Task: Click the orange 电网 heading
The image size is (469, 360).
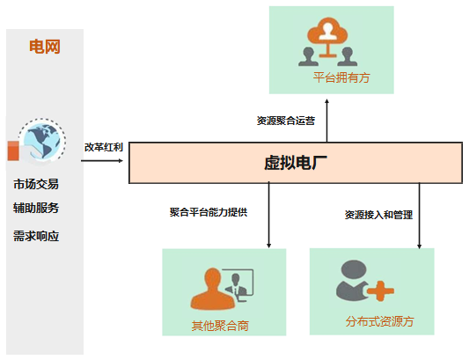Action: (45, 47)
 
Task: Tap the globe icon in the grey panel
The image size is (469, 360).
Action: (41, 141)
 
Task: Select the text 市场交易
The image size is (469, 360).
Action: (36, 184)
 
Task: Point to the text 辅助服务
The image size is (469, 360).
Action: (36, 208)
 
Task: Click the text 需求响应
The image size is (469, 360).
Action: (36, 236)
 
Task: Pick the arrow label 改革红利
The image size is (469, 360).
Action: (104, 147)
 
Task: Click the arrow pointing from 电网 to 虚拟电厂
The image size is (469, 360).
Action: (102, 161)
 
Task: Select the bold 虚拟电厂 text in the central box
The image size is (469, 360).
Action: (296, 163)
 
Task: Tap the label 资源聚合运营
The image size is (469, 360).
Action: (286, 121)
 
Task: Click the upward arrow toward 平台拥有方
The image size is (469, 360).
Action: (327, 121)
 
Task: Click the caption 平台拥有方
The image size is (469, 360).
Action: (341, 77)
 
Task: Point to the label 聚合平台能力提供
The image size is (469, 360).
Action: (209, 212)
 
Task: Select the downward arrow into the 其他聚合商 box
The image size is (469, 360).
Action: (269, 215)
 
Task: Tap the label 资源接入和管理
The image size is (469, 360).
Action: (378, 215)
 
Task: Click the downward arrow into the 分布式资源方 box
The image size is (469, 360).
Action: (419, 216)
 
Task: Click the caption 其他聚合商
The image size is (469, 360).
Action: (220, 326)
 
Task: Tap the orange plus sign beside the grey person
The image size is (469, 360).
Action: (380, 290)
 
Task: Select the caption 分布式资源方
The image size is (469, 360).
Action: (379, 321)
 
